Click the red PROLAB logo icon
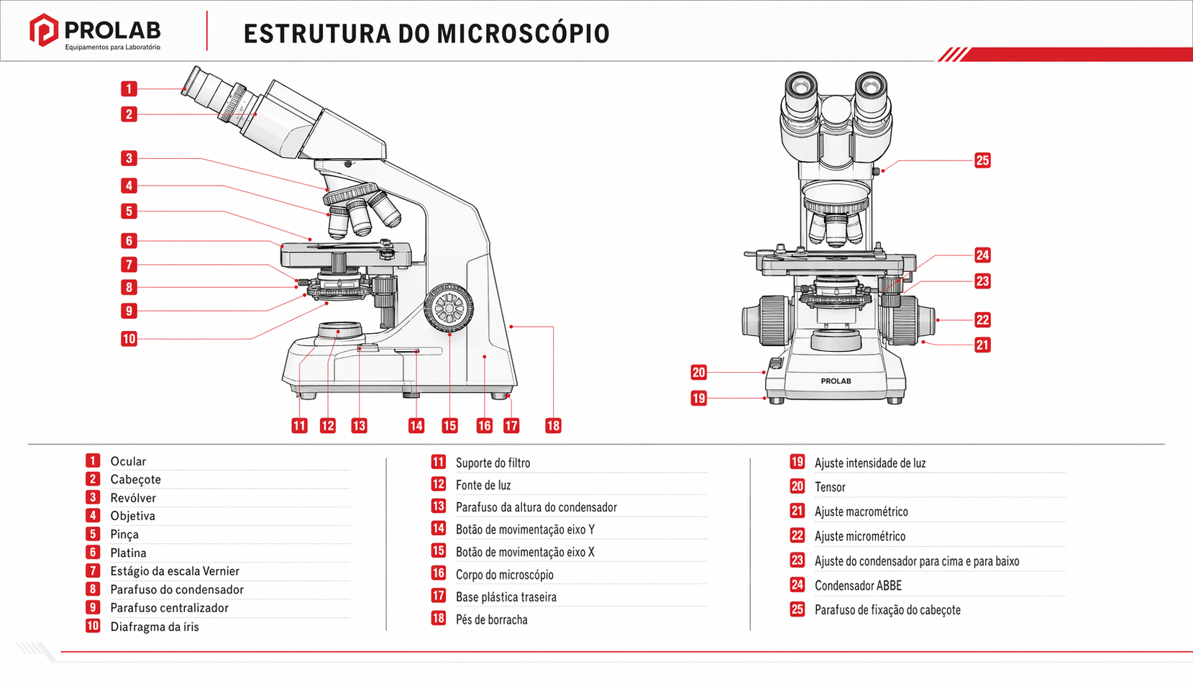click(43, 30)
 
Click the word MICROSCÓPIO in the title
click(523, 34)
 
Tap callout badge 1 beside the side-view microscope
click(129, 88)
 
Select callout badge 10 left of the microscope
click(129, 338)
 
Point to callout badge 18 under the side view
click(553, 425)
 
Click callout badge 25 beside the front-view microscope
click(982, 160)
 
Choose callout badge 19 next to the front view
click(698, 398)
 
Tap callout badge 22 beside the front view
click(982, 319)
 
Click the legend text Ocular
click(128, 461)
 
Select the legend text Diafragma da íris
click(155, 627)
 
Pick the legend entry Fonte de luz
click(483, 485)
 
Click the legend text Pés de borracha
click(491, 619)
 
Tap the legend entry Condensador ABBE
click(858, 586)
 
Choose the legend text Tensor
click(830, 487)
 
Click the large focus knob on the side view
click(449, 308)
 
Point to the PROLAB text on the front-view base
click(836, 381)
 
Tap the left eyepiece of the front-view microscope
click(800, 88)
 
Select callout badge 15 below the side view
click(449, 425)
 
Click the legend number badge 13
click(438, 506)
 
